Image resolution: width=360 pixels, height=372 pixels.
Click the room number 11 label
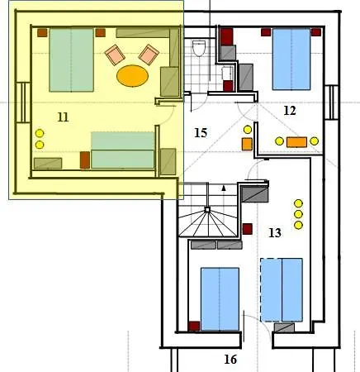coord(63,117)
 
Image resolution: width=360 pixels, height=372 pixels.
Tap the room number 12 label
coord(290,111)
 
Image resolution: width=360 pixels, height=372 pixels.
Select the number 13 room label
coord(275,233)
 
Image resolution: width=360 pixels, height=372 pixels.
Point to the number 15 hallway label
coord(201,133)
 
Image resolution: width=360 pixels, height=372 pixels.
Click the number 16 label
coord(230,360)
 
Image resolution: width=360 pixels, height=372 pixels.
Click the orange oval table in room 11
coord(132,76)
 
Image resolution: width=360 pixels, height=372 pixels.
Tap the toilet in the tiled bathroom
coord(199,48)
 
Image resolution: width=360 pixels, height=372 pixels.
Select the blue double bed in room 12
coord(291,59)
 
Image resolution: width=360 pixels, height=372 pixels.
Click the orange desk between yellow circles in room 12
coord(296,142)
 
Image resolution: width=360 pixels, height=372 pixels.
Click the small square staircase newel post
coord(207,210)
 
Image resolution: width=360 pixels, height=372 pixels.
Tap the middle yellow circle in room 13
coord(298,214)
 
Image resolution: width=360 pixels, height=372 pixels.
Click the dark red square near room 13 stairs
coord(247,229)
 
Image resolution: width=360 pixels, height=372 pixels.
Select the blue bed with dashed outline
coord(282,290)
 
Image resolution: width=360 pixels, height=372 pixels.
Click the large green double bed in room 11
coord(71,60)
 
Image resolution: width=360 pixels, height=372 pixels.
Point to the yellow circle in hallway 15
coord(248,130)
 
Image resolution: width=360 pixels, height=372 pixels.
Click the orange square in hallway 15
coord(247,144)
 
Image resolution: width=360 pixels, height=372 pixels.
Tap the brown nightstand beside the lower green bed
coord(85,160)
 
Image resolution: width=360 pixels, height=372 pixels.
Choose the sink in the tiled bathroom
coord(227,74)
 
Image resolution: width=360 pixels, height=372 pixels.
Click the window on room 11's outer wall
coord(23,103)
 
